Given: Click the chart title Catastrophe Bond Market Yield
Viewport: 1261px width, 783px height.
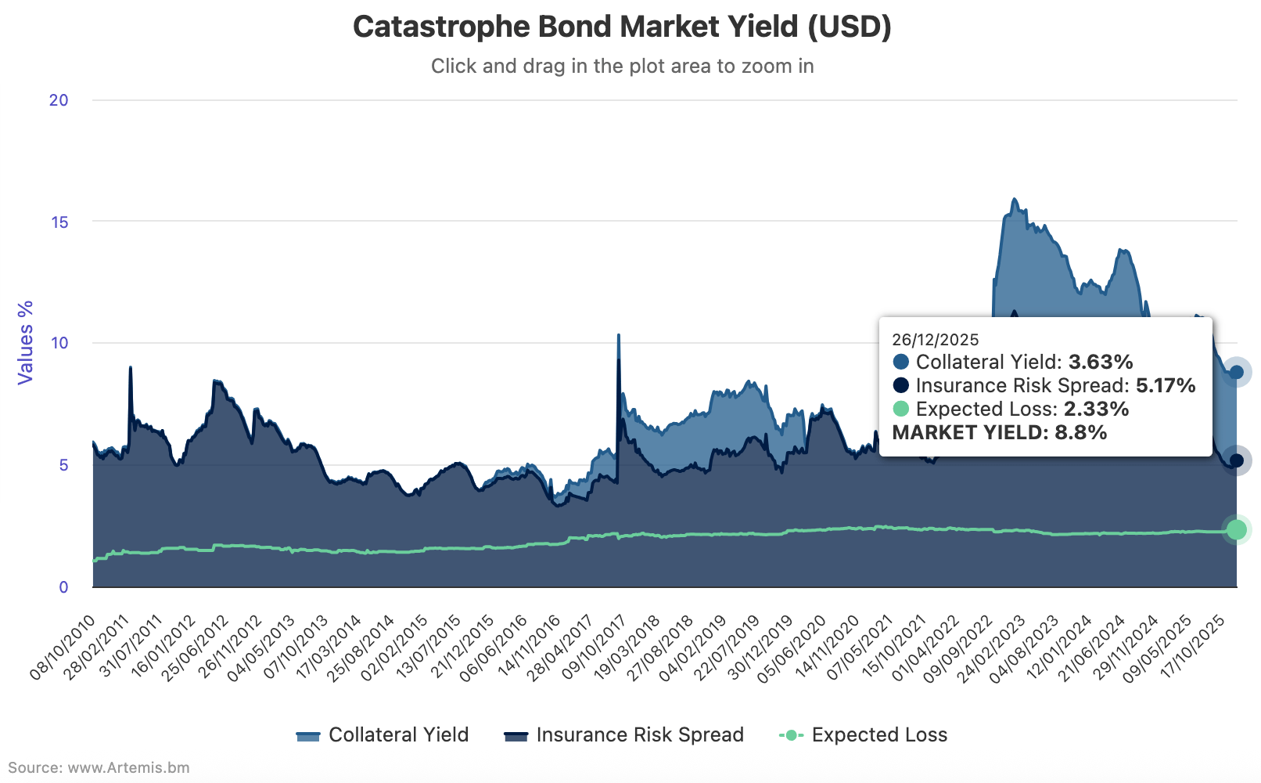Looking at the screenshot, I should (622, 27).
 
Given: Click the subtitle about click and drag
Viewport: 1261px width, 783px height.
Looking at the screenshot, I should (622, 67).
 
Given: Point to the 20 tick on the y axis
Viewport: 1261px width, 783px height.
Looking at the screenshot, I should (59, 100).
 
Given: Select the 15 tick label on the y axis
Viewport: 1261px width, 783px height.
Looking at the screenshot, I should (59, 222).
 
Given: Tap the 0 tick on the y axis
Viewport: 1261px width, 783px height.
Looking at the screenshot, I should (63, 587).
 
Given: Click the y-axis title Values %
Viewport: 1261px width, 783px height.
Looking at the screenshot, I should (26, 342).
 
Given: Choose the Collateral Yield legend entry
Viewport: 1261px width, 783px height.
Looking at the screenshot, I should (383, 735).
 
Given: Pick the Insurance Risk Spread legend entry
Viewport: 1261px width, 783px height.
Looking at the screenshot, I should (624, 735).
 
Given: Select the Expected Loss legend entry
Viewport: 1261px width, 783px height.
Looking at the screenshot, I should (864, 735).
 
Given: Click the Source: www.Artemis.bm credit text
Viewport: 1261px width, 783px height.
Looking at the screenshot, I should (99, 767).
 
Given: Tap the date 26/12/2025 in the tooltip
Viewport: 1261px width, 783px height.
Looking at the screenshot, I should (936, 340).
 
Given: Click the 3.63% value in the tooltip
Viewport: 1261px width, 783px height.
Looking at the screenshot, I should (1101, 363).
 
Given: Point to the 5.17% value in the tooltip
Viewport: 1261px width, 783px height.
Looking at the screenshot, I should (1166, 386).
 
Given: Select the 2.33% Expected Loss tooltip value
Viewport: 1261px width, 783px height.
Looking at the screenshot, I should (1097, 410).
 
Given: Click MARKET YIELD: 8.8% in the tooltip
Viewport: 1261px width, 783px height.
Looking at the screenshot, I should (1000, 433).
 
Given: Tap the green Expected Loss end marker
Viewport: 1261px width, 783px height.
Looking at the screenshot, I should (1237, 530).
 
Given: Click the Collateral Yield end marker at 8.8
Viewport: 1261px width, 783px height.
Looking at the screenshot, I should (1237, 373).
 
